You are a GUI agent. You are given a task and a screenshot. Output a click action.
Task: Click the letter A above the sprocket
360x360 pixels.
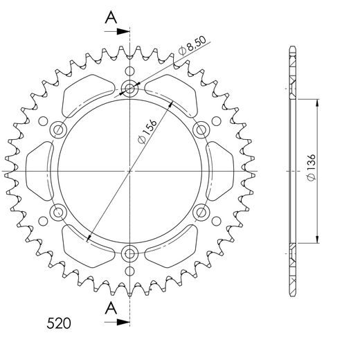[110, 19]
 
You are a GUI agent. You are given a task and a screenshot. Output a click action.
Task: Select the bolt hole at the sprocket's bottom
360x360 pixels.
[129, 253]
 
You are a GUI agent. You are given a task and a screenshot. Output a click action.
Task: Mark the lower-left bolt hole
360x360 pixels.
[57, 211]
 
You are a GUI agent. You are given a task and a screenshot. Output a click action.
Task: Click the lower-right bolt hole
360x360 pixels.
[201, 211]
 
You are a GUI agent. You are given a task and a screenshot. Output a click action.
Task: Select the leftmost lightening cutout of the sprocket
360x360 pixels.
[38, 170]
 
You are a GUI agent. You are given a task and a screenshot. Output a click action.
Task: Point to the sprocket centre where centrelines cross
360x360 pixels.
[129, 170]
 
